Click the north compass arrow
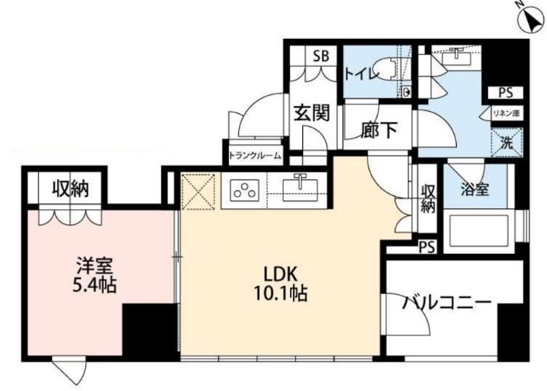(533, 19)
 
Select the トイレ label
(358, 73)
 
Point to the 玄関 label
(312, 113)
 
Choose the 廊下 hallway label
(378, 130)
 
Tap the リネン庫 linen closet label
(507, 113)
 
